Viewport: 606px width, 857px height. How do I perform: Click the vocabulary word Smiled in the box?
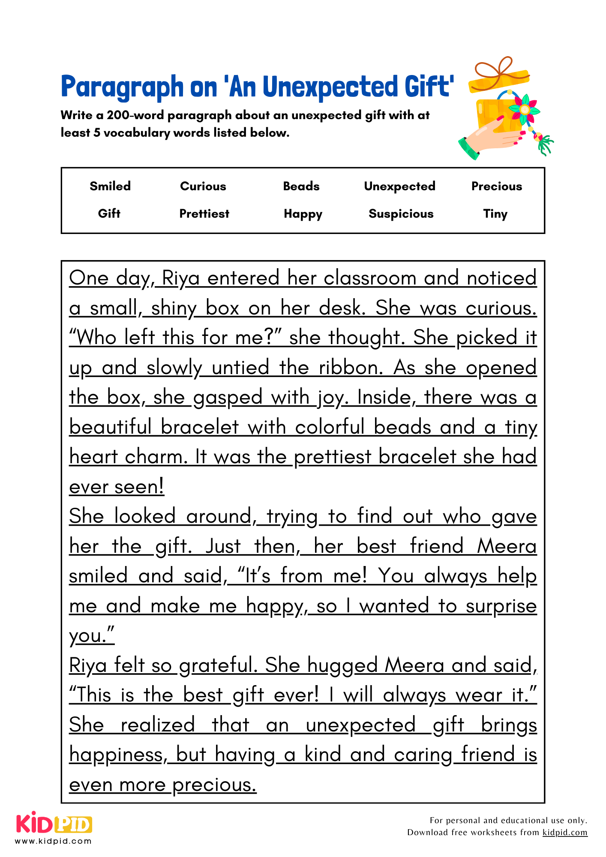coord(110,186)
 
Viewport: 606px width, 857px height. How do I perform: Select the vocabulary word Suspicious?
coord(401,213)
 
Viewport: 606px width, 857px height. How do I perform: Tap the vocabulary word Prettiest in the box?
coord(204,213)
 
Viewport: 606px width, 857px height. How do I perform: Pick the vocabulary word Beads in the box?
coord(301,186)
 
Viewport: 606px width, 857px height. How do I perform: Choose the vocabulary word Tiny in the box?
coord(495,213)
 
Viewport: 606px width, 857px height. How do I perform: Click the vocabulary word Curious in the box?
coord(203,186)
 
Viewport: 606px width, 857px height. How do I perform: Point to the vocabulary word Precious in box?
coord(496,186)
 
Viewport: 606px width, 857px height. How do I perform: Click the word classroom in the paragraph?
coord(370,278)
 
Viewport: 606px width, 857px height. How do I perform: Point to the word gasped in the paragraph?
coord(228,398)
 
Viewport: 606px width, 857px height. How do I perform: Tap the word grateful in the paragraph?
coord(218,665)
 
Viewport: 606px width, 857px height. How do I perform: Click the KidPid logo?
coord(54,824)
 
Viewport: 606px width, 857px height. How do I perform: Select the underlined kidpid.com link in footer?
coord(564,832)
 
